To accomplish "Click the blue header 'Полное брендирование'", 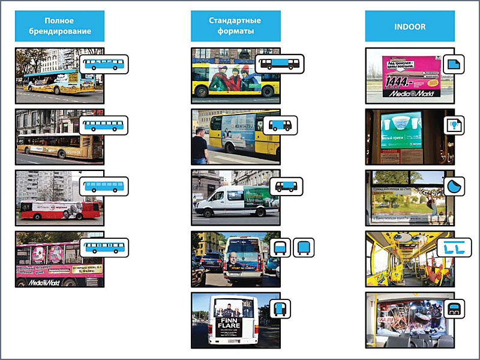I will (59, 25).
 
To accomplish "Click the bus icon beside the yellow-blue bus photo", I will (103, 64).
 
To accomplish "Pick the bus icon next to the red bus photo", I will (103, 186).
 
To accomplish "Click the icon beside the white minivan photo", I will (286, 186).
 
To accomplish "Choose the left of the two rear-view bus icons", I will (280, 247).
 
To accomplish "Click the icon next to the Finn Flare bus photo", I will (280, 308).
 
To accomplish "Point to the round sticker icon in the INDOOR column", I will (455, 186).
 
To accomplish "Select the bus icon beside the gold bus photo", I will (103, 125).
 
